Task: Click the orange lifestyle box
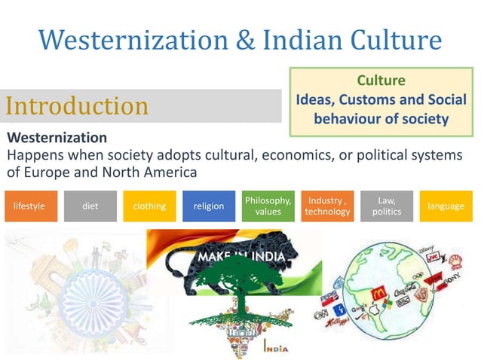(29, 206)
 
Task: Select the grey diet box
(90, 206)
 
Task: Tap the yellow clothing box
(149, 206)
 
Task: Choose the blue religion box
(209, 206)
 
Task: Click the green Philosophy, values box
(268, 206)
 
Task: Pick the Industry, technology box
(327, 206)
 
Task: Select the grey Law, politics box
(386, 206)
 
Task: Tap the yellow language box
(446, 206)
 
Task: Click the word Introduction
(77, 106)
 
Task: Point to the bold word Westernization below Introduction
(57, 139)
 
